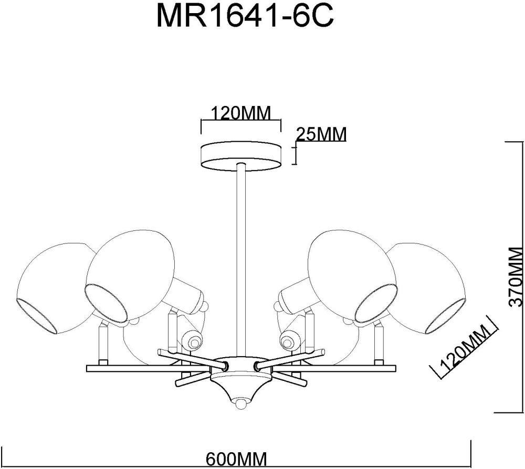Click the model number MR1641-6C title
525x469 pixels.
click(245, 18)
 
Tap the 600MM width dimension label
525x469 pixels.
click(236, 459)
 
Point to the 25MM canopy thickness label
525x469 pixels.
click(321, 135)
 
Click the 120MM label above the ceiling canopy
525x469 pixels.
click(240, 113)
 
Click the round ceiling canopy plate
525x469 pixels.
click(241, 155)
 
